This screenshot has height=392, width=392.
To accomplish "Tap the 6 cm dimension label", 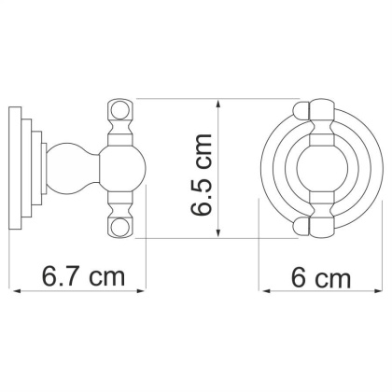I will [321, 277].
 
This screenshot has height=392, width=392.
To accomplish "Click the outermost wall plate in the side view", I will [16, 168].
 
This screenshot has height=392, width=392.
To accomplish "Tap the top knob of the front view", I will [321, 108].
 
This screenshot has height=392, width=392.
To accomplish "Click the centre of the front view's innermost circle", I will [321, 168].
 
